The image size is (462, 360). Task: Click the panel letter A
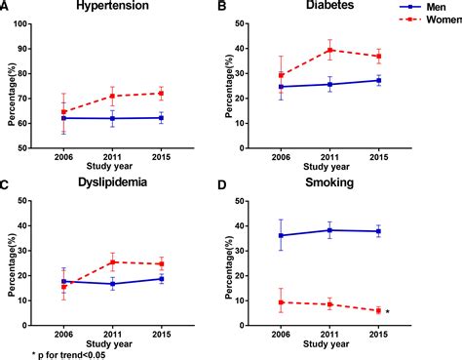tap(6, 7)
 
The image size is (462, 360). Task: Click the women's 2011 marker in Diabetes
tap(331, 50)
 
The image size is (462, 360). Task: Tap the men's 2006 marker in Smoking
tap(282, 235)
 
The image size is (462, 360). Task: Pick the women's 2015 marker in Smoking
tap(378, 310)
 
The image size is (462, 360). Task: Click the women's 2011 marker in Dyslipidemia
tap(113, 261)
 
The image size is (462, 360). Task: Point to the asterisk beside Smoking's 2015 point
tap(388, 312)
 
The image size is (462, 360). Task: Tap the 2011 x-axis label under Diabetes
tap(331, 156)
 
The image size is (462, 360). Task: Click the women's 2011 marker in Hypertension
tap(113, 96)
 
